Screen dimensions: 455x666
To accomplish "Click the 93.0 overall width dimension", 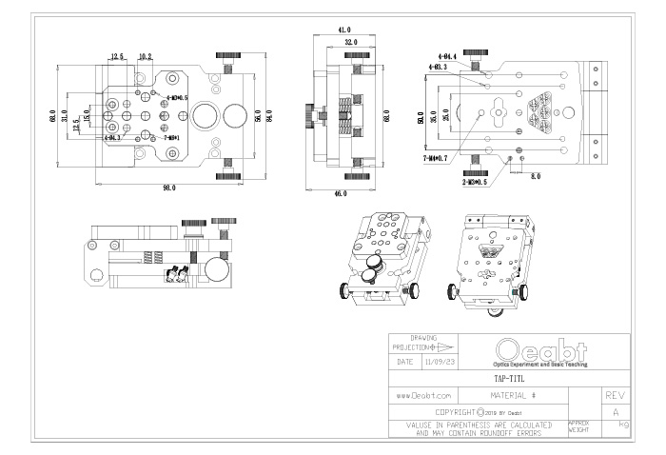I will pos(168,188).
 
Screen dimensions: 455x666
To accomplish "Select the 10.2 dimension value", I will pos(146,57).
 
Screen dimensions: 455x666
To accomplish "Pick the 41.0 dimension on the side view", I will pos(344,30).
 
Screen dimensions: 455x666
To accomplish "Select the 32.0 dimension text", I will pos(351,42).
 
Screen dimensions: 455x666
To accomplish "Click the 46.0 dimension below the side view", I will pos(341,193).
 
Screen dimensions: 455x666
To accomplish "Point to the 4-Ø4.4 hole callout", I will pos(447,57).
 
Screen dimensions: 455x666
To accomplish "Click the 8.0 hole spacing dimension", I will pos(535,176).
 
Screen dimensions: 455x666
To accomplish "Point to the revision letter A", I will pos(616,411).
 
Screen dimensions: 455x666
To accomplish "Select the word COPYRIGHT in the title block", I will pos(456,411).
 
